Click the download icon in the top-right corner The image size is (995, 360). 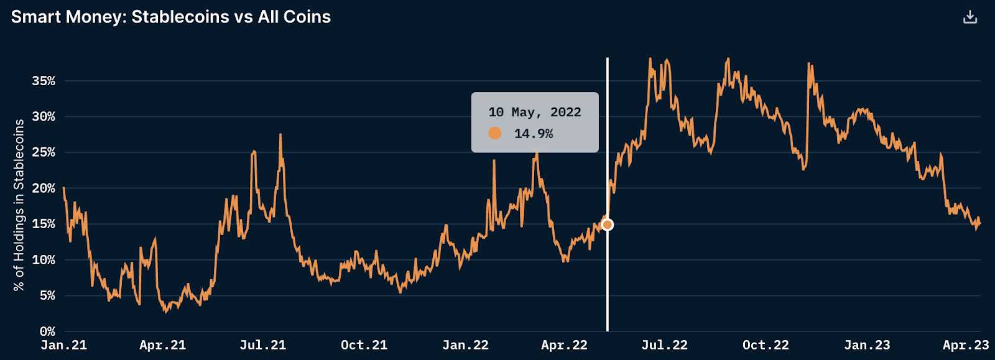click(x=970, y=17)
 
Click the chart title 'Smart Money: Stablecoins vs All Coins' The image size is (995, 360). click(x=171, y=17)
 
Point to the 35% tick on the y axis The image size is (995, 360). click(x=44, y=81)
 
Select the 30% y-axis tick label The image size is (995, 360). click(x=44, y=117)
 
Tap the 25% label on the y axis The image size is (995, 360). click(x=44, y=152)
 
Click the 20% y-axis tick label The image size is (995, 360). click(x=44, y=188)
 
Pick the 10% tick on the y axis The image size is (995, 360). click(x=44, y=260)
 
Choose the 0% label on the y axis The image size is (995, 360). click(x=47, y=331)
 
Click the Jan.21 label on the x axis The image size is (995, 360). click(x=63, y=345)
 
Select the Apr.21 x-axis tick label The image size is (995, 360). click(x=162, y=345)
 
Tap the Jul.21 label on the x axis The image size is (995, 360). click(x=262, y=345)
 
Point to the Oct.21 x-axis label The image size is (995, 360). click(x=364, y=345)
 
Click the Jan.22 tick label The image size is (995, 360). click(x=465, y=345)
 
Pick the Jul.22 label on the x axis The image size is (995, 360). click(x=664, y=345)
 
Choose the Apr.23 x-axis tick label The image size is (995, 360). click(x=965, y=345)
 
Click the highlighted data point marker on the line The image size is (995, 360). click(x=608, y=224)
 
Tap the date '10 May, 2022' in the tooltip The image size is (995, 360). click(x=535, y=113)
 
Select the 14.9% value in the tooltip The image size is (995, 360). click(x=534, y=134)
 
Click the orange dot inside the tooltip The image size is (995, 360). click(x=495, y=133)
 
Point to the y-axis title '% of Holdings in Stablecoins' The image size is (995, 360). click(x=19, y=205)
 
